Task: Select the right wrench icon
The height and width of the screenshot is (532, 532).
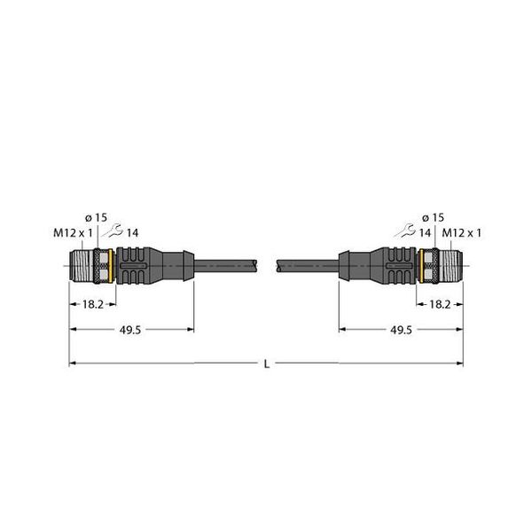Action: coord(406,232)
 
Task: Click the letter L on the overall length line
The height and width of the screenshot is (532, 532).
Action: coord(266,364)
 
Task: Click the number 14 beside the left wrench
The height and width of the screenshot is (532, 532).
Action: coord(133,233)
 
